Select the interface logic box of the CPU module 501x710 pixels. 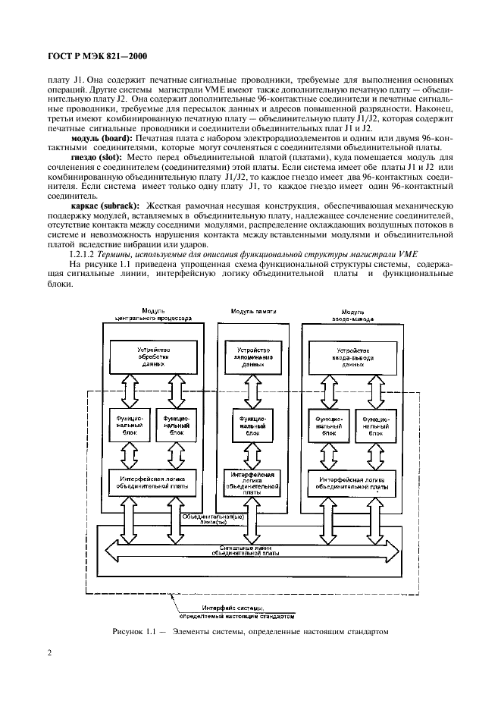(147, 482)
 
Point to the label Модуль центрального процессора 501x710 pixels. (147, 316)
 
